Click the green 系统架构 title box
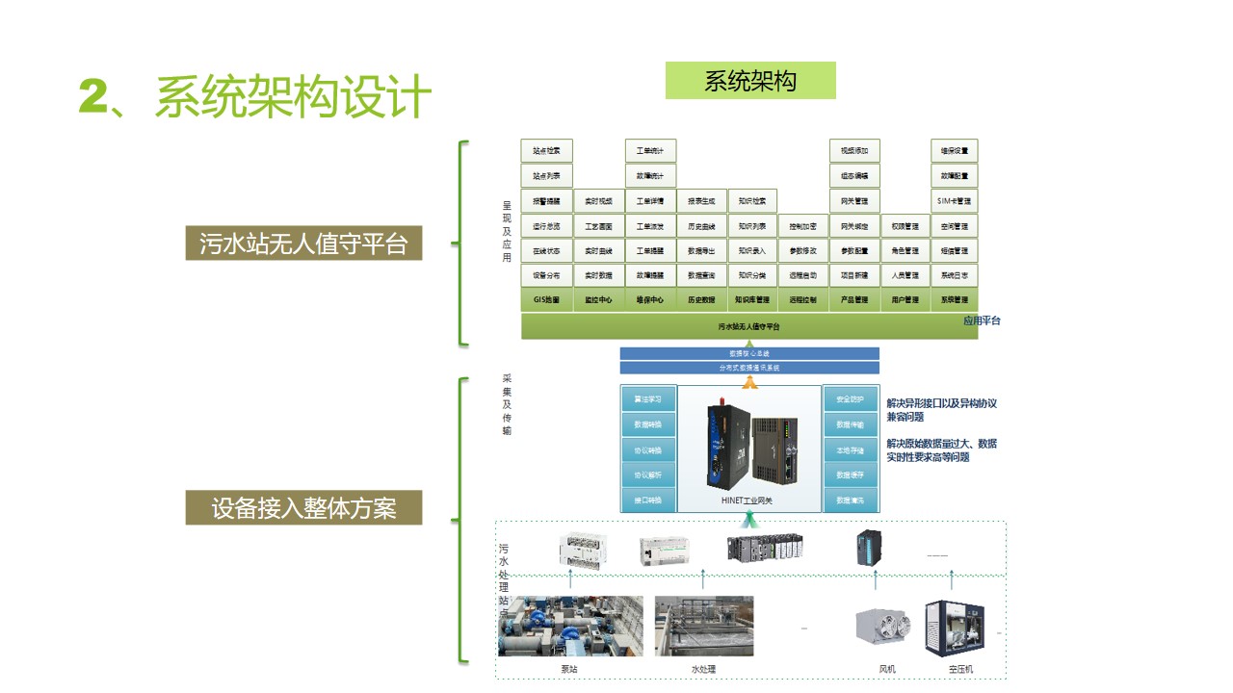pyautogui.click(x=750, y=81)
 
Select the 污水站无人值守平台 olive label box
pyautogui.click(x=303, y=244)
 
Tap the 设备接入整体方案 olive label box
pyautogui.click(x=303, y=507)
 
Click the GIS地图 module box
pyautogui.click(x=546, y=300)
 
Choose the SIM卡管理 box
pyautogui.click(x=955, y=201)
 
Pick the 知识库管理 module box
pyautogui.click(x=752, y=300)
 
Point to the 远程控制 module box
pyautogui.click(x=803, y=300)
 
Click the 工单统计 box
pyautogui.click(x=650, y=151)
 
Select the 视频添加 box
pyautogui.click(x=854, y=151)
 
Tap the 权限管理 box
pyautogui.click(x=905, y=226)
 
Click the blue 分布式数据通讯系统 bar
pyautogui.click(x=749, y=368)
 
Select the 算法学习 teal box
pyautogui.click(x=647, y=398)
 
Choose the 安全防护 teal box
pyautogui.click(x=851, y=398)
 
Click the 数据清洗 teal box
pyautogui.click(x=851, y=500)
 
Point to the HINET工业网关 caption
pyautogui.click(x=747, y=501)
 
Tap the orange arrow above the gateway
pyautogui.click(x=749, y=381)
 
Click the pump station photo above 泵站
pyautogui.click(x=570, y=627)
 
